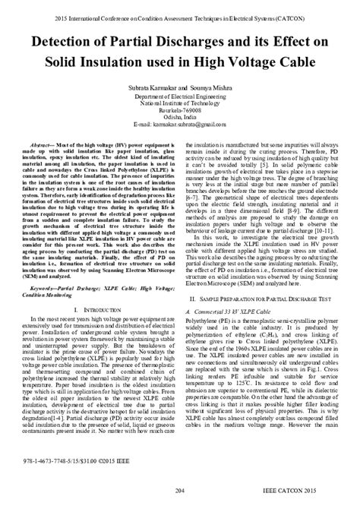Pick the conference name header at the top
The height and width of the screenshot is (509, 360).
(180, 7)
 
